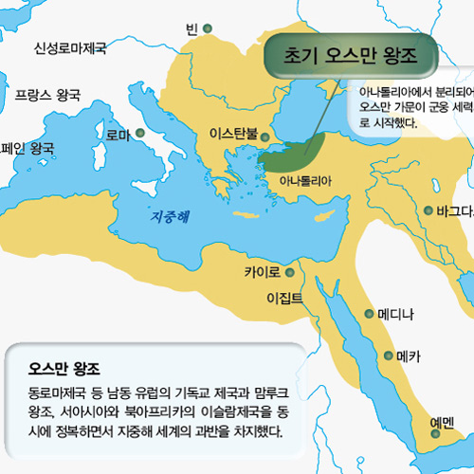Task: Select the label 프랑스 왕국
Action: (x=47, y=96)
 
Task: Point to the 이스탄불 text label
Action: (x=233, y=134)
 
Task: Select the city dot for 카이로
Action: (x=289, y=273)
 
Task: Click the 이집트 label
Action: (x=284, y=299)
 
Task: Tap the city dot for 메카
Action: (x=388, y=356)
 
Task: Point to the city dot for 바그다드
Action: (x=428, y=210)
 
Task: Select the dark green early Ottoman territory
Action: (x=299, y=152)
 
